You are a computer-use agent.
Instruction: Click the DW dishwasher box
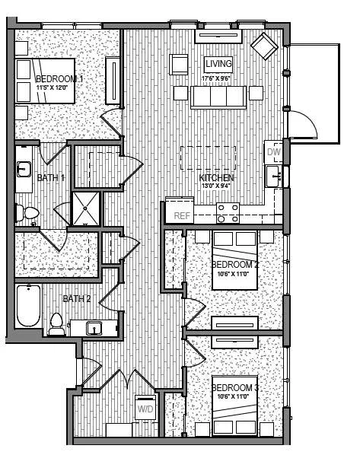pos(274,152)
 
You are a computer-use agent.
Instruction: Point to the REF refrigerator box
pos(181,215)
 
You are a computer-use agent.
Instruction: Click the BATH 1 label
pos(51,177)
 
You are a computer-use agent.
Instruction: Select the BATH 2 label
pos(77,299)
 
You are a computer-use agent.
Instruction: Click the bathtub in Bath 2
pos(28,306)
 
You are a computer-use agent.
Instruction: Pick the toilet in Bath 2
pos(56,324)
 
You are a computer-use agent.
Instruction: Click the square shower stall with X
pos(85,208)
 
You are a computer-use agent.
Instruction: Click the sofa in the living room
pos(218,97)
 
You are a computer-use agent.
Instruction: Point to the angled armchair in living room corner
pos(266,46)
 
